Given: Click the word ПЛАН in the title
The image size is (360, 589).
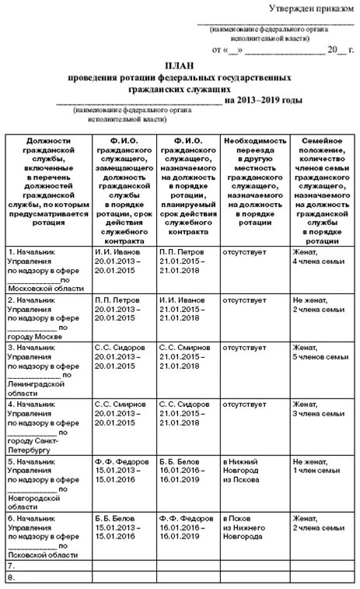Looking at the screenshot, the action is [x=180, y=68].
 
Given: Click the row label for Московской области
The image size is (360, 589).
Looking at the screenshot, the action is [x=44, y=269].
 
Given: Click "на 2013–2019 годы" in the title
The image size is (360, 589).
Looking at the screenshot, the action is [x=262, y=100].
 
